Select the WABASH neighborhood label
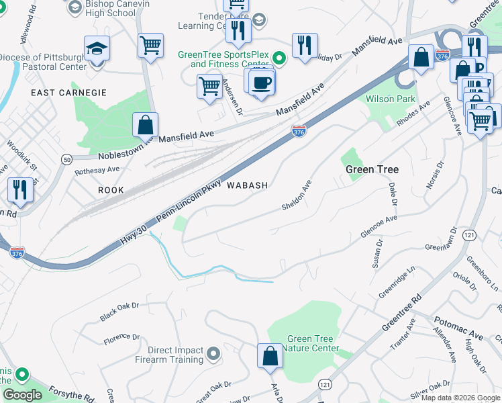click(x=248, y=185)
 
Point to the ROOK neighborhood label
click(x=111, y=190)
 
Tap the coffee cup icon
click(x=261, y=83)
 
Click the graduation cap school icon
click(x=97, y=49)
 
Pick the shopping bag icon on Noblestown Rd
click(x=145, y=125)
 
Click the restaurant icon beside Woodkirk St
click(x=19, y=190)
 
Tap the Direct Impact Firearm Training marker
click(x=213, y=353)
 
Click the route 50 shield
click(x=66, y=159)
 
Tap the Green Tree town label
click(x=372, y=169)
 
